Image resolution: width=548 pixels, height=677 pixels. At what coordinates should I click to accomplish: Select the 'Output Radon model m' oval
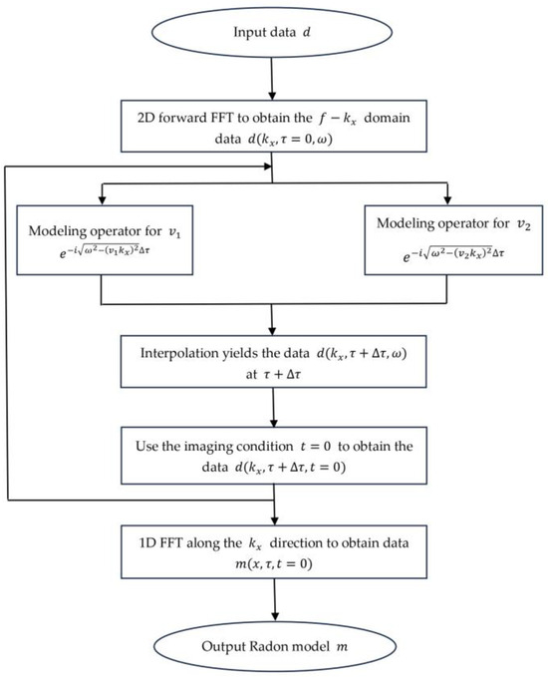coord(272,645)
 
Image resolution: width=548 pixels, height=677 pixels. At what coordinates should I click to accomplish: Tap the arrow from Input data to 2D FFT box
coord(272,80)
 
